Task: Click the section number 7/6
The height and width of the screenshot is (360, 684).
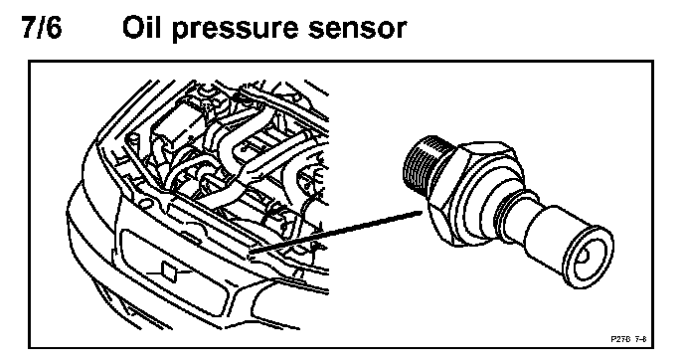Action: click(x=42, y=28)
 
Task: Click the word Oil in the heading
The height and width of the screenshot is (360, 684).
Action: click(x=141, y=28)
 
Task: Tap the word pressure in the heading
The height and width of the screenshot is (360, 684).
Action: click(x=235, y=31)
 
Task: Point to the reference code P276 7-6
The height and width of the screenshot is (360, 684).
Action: click(x=628, y=339)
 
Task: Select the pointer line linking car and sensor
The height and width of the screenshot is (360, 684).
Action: click(x=335, y=232)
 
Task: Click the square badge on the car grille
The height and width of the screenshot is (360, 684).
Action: click(x=170, y=270)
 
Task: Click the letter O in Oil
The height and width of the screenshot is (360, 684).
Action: click(x=132, y=28)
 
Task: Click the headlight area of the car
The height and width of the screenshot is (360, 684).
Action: click(x=270, y=301)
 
